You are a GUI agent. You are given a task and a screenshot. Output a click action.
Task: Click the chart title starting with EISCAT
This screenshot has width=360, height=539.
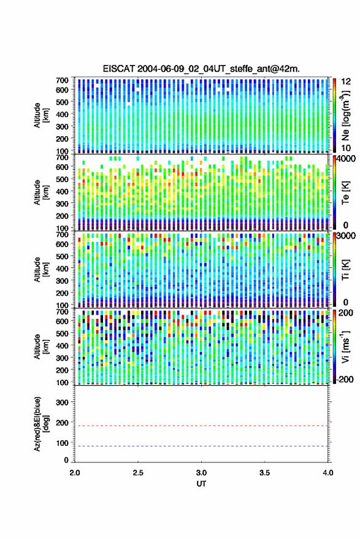click(x=201, y=69)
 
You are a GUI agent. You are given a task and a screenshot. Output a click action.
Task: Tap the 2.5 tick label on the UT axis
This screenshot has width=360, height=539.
click(x=138, y=473)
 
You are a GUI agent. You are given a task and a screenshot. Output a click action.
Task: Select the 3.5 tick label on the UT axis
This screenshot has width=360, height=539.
click(x=264, y=473)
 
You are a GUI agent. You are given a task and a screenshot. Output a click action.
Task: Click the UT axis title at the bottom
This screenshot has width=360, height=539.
click(x=201, y=484)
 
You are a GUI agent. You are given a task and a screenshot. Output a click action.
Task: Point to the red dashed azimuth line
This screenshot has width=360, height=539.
click(x=202, y=426)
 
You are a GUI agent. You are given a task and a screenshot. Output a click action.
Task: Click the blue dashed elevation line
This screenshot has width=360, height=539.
click(x=202, y=446)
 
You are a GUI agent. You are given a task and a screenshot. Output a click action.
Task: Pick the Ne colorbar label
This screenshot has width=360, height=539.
click(x=345, y=115)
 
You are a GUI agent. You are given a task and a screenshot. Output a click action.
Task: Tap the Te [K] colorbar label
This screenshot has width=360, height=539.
click(x=345, y=193)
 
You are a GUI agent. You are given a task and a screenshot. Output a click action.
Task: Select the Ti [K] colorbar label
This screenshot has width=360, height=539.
click(x=345, y=270)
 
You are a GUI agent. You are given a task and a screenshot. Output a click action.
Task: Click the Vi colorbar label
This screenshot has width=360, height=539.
click(x=345, y=346)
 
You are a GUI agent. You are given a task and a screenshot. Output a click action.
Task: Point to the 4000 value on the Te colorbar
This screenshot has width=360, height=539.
click(x=347, y=159)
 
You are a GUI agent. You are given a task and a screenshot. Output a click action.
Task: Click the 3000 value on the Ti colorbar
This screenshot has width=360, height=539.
click(x=347, y=236)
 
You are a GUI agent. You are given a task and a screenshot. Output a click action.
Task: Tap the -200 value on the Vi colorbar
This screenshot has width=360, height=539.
click(x=344, y=380)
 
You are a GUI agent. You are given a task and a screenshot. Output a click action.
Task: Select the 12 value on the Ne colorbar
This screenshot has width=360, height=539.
click(x=346, y=82)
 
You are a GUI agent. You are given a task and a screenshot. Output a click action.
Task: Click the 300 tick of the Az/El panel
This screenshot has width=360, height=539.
click(x=62, y=402)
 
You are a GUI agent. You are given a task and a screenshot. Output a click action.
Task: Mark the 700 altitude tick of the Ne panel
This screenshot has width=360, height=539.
click(x=62, y=80)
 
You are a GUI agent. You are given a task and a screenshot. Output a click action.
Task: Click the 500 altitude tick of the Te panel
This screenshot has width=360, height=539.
click(x=62, y=179)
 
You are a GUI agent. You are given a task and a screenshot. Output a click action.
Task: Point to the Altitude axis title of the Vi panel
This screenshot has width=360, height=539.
click(x=41, y=346)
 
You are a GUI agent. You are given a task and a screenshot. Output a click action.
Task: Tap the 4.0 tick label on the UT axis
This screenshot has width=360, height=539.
click(x=327, y=473)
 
